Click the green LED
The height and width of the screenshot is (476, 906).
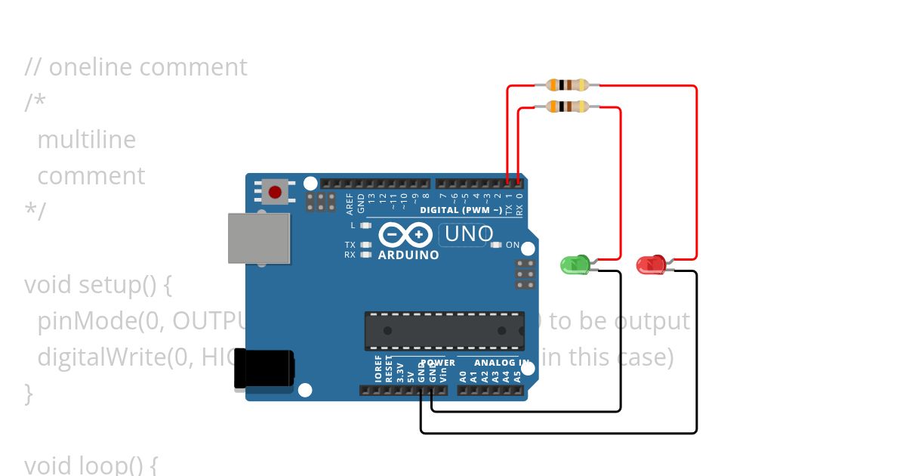(x=575, y=264)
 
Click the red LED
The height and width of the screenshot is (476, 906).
(x=650, y=264)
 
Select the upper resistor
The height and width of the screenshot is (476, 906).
(x=567, y=85)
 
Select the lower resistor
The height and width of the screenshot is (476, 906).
(x=567, y=107)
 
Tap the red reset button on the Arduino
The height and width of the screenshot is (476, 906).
(x=275, y=192)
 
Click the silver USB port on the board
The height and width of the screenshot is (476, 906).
(x=259, y=238)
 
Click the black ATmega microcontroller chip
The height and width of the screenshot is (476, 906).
(x=444, y=331)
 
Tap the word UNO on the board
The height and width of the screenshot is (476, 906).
(x=469, y=234)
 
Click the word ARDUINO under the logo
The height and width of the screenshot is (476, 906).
(x=408, y=255)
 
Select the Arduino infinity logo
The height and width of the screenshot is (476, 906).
(x=408, y=235)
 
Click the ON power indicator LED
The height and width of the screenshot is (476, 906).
(x=496, y=245)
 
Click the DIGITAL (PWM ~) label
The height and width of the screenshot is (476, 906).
(x=461, y=209)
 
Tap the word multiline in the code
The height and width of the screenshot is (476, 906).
(x=86, y=140)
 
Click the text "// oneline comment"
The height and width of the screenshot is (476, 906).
(x=136, y=67)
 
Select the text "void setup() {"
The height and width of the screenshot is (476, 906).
(x=98, y=285)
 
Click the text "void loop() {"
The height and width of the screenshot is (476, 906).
(x=91, y=464)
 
